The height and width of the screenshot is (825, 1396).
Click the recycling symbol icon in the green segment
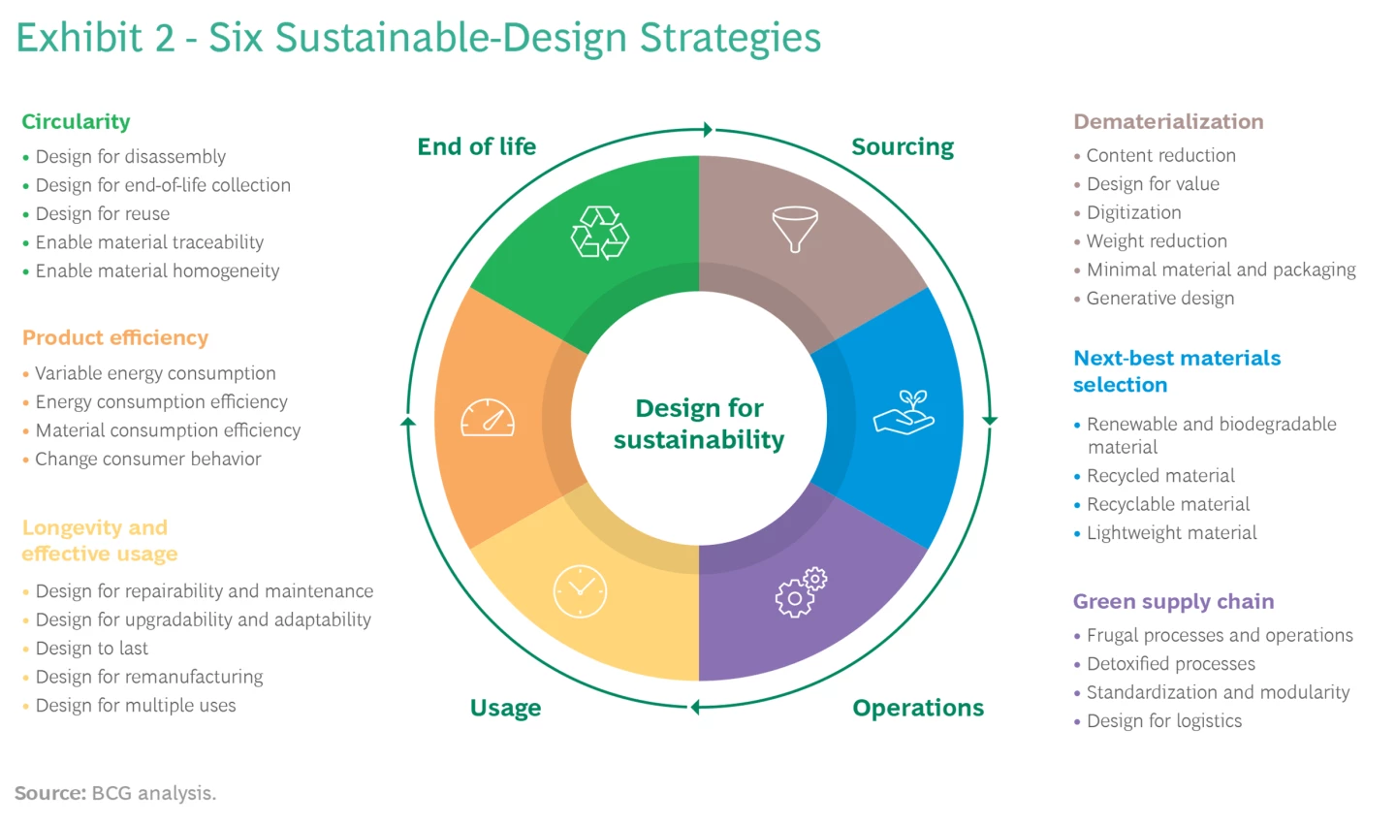click(x=600, y=233)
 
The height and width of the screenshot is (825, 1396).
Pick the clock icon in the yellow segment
click(x=580, y=590)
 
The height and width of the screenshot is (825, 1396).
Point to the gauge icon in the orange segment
click(x=488, y=418)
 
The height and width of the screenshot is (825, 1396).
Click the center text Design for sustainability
click(x=699, y=424)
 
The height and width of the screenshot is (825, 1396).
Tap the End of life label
click(x=476, y=146)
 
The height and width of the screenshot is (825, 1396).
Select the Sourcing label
click(x=903, y=146)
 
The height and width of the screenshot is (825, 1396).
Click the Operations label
click(x=918, y=708)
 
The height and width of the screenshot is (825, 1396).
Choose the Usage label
click(x=505, y=708)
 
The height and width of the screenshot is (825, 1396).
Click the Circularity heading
click(x=76, y=121)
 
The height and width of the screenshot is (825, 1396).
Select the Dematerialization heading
click(x=1168, y=121)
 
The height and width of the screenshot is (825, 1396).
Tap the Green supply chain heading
click(x=1173, y=601)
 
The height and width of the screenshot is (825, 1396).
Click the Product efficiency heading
click(x=115, y=337)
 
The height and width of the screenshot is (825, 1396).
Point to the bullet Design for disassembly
click(x=130, y=156)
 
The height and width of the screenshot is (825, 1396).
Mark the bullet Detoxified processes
click(x=1170, y=664)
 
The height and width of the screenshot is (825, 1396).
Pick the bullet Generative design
click(x=1159, y=299)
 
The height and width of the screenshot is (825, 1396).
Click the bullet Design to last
click(x=92, y=649)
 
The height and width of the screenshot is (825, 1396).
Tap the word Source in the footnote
click(x=50, y=793)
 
